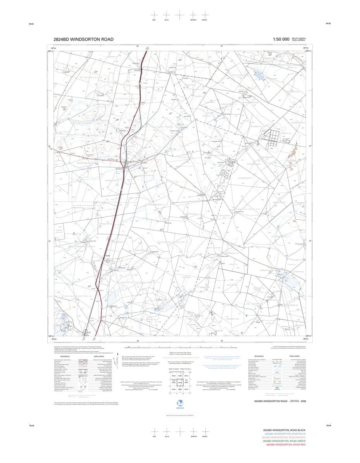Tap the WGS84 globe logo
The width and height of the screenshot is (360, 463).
(x=180, y=401)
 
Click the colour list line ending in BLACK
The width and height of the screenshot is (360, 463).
(x=284, y=431)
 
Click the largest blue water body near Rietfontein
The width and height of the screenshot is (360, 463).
(x=259, y=76)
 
